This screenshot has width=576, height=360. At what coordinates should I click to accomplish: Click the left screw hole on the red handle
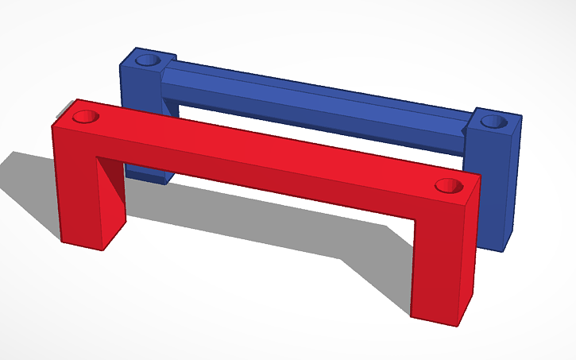tap(86, 117)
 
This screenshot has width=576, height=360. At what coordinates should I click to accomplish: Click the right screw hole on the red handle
tap(449, 186)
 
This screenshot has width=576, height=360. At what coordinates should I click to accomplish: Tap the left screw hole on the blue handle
tap(147, 60)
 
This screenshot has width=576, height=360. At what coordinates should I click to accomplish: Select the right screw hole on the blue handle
tap(494, 122)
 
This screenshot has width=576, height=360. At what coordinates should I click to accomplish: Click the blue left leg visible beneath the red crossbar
tap(147, 172)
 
